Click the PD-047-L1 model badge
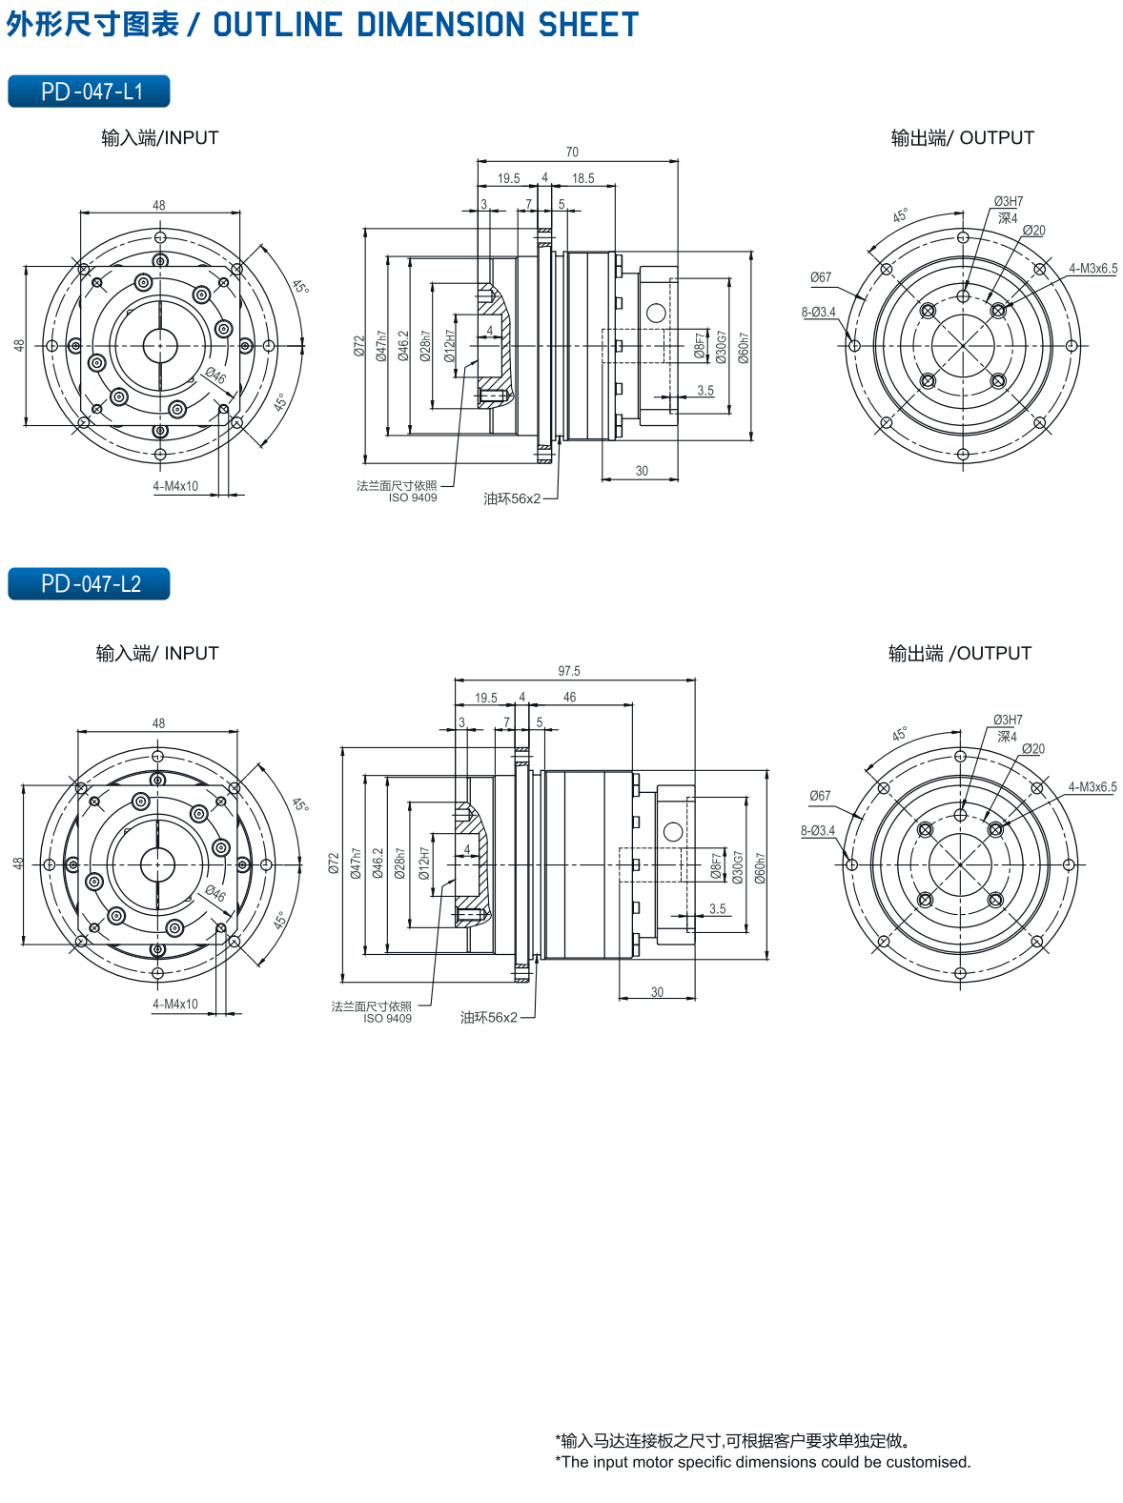pyautogui.click(x=89, y=91)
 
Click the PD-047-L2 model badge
pyautogui.click(x=89, y=583)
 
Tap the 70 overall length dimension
pyautogui.click(x=572, y=152)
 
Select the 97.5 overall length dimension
pyautogui.click(x=569, y=670)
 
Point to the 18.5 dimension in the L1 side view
pyautogui.click(x=582, y=178)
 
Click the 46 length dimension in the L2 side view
pyautogui.click(x=569, y=697)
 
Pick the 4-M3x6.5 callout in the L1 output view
pyautogui.click(x=1092, y=269)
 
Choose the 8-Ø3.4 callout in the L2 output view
pyautogui.click(x=818, y=830)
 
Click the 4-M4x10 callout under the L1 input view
pyautogui.click(x=175, y=486)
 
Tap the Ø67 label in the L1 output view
pyautogui.click(x=821, y=277)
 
